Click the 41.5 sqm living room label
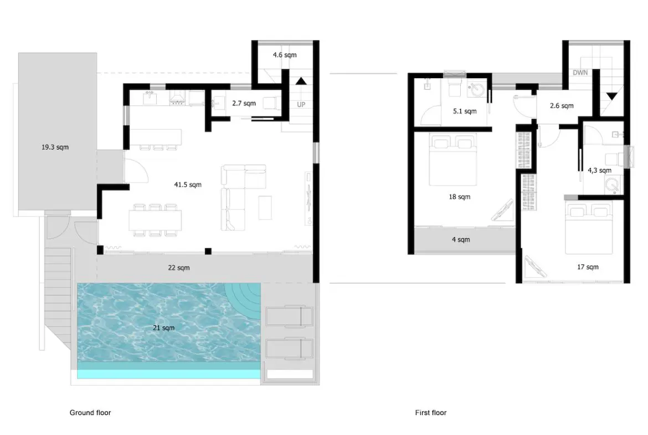(188, 185)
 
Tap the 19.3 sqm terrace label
(55, 147)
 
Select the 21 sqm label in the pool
(163, 328)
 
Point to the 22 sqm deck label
(179, 268)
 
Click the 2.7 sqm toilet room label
(244, 103)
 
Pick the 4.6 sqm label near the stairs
(285, 55)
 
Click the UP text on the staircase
(301, 104)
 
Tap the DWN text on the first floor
(580, 73)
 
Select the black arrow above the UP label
(301, 81)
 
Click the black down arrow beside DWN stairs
(611, 96)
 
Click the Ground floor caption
(90, 413)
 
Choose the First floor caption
(431, 413)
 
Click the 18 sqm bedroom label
(459, 197)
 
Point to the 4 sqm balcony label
(460, 240)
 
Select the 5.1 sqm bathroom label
(465, 111)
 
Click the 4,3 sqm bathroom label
(599, 171)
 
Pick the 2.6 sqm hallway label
(562, 106)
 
